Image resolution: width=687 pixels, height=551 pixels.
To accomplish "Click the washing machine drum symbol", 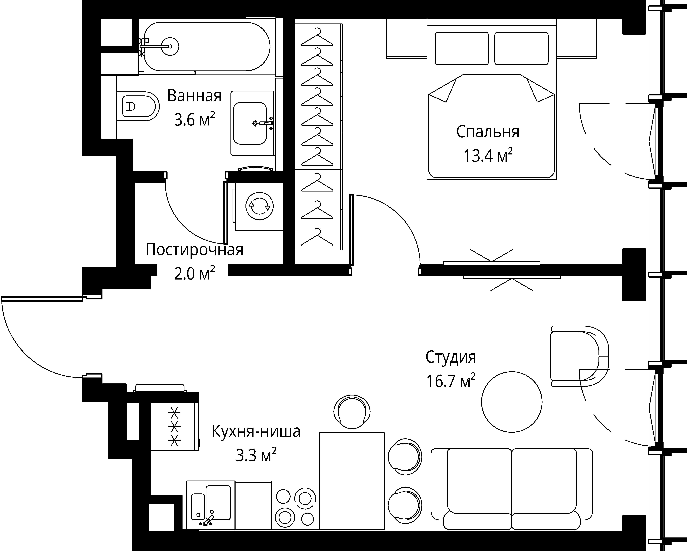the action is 260,206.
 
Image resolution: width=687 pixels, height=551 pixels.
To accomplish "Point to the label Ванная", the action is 194,96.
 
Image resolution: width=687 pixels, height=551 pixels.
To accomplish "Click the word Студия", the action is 451,357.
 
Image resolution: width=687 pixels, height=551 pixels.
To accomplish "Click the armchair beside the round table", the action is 579,356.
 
